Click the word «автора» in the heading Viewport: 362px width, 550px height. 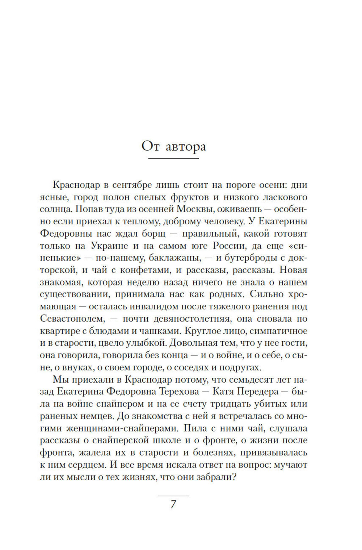pos(186,147)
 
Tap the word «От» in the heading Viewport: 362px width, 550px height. pos(150,146)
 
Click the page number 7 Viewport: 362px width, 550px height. pos(173,504)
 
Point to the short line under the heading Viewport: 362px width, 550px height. pos(174,159)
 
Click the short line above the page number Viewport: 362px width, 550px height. pos(173,495)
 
